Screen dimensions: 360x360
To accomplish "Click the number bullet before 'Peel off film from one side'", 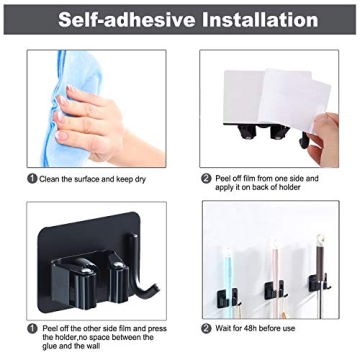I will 205,178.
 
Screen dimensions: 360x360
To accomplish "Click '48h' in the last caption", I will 247,328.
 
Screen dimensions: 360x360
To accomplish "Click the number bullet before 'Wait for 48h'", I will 205,328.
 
